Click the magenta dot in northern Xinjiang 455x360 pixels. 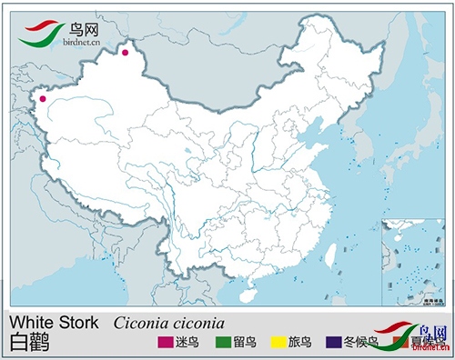[125, 53]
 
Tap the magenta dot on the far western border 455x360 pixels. [42, 100]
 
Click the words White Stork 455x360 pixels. [54, 323]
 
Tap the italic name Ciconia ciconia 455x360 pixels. [168, 323]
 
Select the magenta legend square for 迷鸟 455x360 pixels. [165, 343]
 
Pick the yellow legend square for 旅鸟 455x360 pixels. [278, 343]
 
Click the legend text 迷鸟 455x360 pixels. [187, 343]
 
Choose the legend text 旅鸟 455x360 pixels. [300, 343]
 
